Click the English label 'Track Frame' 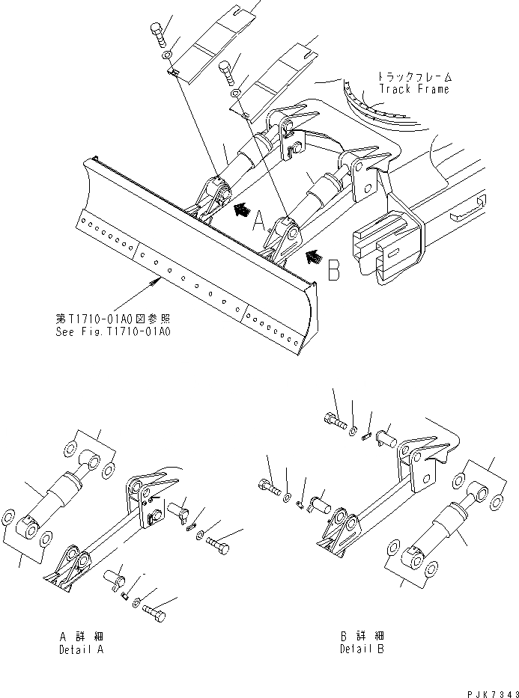(x=413, y=89)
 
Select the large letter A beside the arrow (x=259, y=221)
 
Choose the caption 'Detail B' (x=362, y=649)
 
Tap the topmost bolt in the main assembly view (x=157, y=34)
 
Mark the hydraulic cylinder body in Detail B (x=441, y=527)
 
